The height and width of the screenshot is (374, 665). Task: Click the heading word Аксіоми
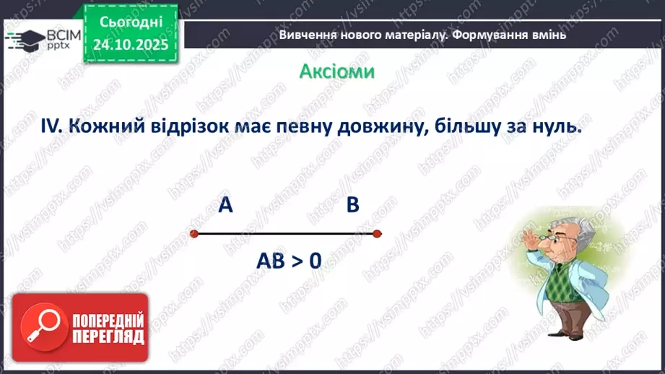tap(336, 71)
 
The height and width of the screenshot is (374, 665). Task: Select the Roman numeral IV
tap(53, 126)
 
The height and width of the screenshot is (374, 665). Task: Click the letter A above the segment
tap(226, 206)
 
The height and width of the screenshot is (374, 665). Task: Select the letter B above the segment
tap(352, 206)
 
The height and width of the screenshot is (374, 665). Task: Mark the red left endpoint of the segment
tap(194, 233)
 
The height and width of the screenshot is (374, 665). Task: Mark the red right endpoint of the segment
tap(377, 233)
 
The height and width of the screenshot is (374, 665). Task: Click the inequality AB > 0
tap(288, 261)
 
